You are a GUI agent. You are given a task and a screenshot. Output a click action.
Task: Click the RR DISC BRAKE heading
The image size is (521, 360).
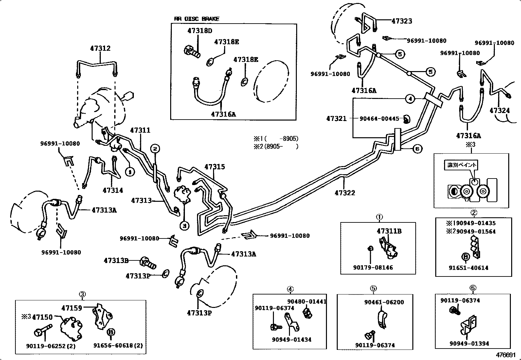coord(196,19)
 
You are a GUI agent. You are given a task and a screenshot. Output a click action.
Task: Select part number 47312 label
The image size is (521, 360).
coord(100,48)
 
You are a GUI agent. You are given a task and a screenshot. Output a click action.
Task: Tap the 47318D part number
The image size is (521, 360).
coord(200,31)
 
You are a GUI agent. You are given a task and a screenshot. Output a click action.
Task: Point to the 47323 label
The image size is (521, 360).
coord(402,21)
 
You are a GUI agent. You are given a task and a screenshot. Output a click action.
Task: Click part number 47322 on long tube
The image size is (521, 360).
coord(345,193)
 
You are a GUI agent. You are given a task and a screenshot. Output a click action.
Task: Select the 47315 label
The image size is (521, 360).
coord(215,167)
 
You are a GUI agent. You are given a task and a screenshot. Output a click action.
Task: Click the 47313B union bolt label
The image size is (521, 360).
coord(116,261)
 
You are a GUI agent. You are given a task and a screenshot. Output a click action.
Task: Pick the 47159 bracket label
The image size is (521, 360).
coord(72,308)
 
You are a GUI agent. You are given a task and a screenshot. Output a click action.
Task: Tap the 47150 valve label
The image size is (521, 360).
coord(43,317)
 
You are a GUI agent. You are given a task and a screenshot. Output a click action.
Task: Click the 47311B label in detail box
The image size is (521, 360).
coord(389,231)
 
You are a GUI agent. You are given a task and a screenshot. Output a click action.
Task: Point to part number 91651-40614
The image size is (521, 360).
coord(468,268)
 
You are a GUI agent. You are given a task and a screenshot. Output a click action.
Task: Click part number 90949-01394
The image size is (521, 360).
coord(469,343)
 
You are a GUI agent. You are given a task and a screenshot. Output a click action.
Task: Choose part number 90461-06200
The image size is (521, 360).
coord(384,302)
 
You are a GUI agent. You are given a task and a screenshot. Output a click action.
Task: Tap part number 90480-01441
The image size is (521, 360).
coord(307,301)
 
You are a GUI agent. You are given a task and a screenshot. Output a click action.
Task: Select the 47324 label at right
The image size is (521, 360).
coord(499,111)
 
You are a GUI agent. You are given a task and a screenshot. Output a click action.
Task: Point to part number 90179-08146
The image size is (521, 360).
coord(373,267)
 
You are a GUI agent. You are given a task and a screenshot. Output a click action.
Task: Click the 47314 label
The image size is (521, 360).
coord(113,190)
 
